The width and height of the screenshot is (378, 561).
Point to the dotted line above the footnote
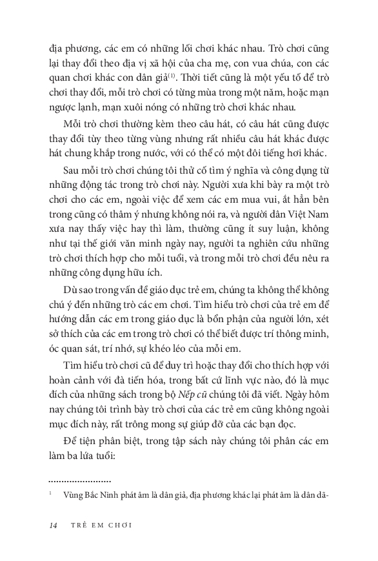tap(80, 481)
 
